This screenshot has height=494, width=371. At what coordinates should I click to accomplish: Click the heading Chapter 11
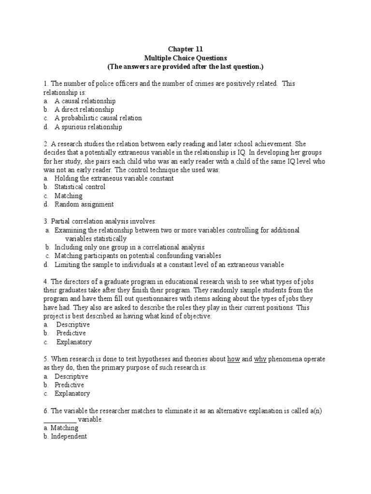[185, 49]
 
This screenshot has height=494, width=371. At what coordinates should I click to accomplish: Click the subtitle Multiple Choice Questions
[185, 57]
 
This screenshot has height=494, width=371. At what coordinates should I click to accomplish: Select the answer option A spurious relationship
[88, 127]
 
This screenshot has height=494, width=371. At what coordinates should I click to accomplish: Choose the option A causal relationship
[85, 101]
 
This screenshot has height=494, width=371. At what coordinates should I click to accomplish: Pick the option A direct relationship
[84, 110]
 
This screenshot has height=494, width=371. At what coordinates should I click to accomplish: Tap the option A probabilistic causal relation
[98, 119]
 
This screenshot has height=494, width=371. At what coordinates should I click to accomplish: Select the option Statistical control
[80, 187]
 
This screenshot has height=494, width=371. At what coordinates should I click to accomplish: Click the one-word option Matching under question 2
[69, 196]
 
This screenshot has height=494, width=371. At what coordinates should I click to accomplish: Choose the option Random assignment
[84, 205]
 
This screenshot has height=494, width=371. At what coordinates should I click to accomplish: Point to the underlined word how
[234, 359]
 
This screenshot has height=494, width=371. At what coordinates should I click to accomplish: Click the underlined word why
[260, 359]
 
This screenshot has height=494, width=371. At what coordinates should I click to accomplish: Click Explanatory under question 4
[73, 342]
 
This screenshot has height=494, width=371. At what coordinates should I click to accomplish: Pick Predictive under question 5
[69, 385]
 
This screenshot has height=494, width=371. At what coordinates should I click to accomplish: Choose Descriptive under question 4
[72, 325]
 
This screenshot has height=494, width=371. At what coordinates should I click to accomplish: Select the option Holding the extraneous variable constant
[114, 178]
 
